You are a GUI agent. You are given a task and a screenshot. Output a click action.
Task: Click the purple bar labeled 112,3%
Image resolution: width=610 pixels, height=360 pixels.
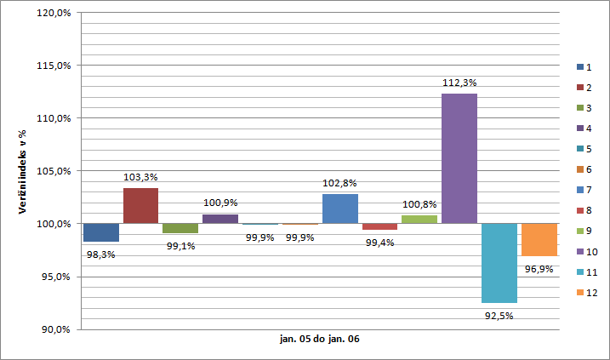coord(459,158)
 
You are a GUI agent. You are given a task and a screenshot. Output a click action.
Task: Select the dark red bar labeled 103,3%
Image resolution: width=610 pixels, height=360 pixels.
coord(140,205)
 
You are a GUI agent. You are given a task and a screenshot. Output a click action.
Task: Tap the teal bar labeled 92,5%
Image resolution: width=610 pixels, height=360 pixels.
coord(499,263)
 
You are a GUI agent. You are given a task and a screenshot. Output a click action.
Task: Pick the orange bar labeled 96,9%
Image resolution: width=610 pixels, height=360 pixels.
coord(539,239)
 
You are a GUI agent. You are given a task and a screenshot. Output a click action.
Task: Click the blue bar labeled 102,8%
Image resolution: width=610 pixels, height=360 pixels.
coord(339,209)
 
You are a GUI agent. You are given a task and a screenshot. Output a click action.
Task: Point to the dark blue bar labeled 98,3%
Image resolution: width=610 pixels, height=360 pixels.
coord(101,232)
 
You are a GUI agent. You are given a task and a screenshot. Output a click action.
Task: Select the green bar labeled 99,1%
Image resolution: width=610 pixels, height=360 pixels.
coord(180,228)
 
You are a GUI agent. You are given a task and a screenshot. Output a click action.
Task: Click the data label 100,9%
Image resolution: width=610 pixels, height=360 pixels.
coord(220,204)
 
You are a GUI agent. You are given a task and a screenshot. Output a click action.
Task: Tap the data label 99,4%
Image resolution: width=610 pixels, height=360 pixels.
coord(379,243)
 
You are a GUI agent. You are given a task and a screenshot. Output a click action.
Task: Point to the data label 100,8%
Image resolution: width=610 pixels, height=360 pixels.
coord(419,205)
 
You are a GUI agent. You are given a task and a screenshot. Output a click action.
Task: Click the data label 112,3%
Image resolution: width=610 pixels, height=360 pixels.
coord(459,83)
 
